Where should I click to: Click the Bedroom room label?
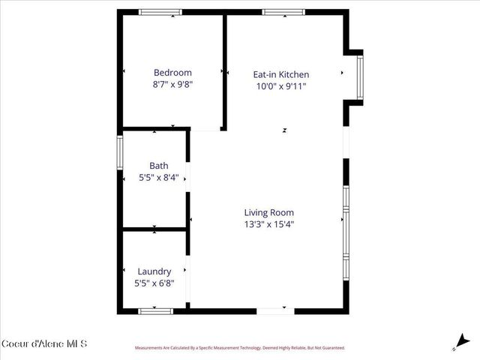172,73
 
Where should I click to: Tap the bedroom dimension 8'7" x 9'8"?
172,85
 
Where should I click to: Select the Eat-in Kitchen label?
280,74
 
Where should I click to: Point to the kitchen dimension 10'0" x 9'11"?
280,86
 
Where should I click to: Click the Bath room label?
158,166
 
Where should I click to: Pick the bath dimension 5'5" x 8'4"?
158,178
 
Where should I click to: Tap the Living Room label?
268,212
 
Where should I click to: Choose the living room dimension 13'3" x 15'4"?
268,224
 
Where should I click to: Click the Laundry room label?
154,271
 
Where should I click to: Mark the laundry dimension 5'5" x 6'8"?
154,283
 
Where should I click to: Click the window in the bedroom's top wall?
160,12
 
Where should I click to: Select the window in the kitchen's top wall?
283,12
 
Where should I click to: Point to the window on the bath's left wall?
119,154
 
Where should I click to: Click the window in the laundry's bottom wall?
156,310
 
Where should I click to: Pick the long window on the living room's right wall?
346,232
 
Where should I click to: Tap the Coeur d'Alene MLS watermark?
44,344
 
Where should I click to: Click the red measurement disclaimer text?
239,348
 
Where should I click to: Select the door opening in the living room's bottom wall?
271,310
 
